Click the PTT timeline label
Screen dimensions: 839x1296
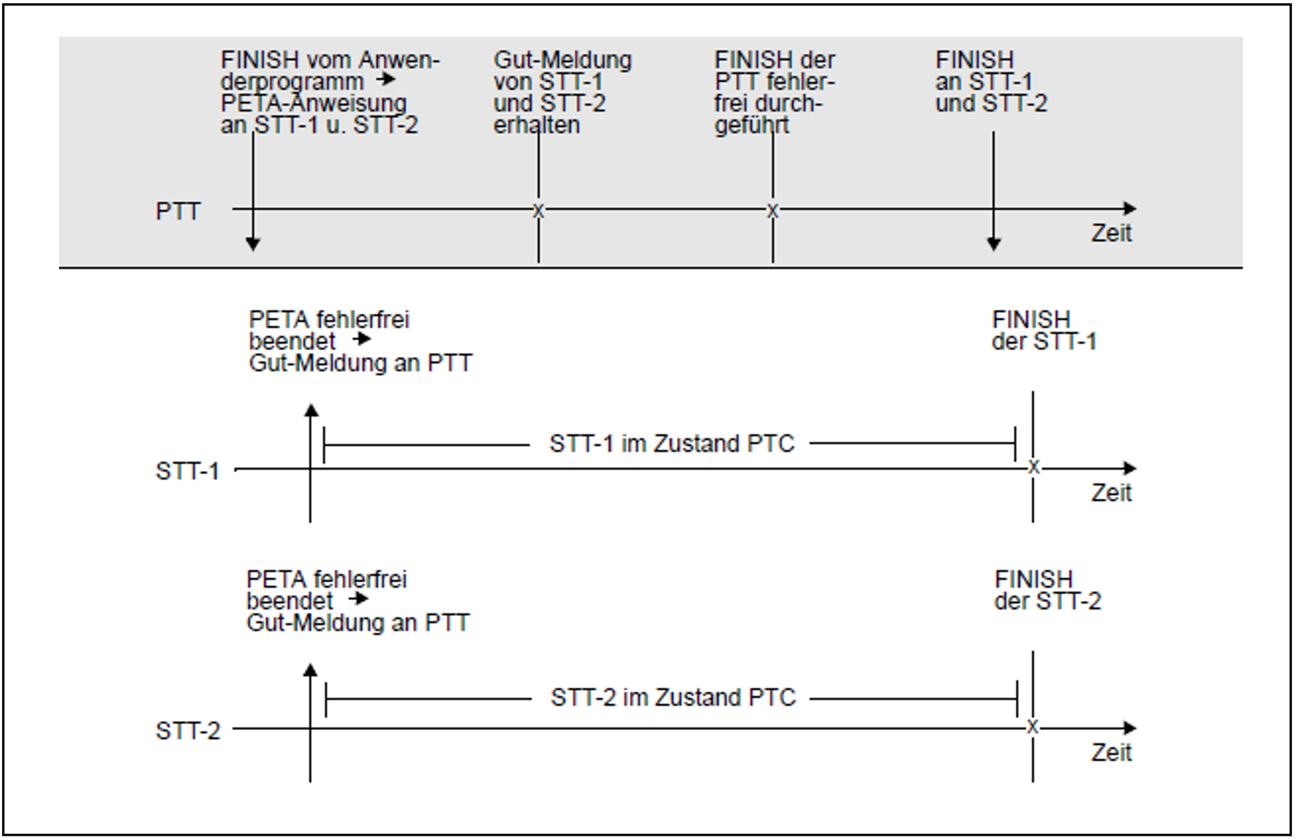(x=178, y=212)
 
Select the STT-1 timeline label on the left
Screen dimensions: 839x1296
(x=187, y=471)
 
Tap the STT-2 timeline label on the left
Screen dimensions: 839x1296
(x=188, y=731)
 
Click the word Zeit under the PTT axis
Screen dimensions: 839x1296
(x=1111, y=234)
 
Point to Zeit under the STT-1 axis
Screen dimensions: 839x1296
(x=1111, y=493)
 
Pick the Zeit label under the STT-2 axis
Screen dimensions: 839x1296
(x=1111, y=752)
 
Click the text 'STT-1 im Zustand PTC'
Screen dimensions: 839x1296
(x=671, y=444)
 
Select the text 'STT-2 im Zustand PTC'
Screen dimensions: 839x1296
(x=673, y=697)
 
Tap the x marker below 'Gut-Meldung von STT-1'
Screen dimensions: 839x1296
(x=538, y=211)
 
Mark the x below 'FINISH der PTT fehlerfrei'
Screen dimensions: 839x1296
(x=772, y=211)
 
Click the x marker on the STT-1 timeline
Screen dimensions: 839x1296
(x=1034, y=468)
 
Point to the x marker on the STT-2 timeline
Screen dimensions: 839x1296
(x=1033, y=727)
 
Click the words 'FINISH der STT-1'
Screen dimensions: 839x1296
(x=1043, y=331)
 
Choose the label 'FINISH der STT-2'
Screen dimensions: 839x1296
(x=1047, y=590)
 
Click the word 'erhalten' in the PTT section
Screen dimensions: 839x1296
(x=536, y=125)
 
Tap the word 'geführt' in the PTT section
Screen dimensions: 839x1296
(x=751, y=125)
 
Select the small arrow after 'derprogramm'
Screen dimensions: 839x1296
(x=387, y=79)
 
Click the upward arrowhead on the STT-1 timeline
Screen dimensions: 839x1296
(x=311, y=410)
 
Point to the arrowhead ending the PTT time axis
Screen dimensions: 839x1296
(x=1129, y=209)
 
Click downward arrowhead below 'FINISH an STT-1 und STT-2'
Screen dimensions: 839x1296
(x=993, y=244)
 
